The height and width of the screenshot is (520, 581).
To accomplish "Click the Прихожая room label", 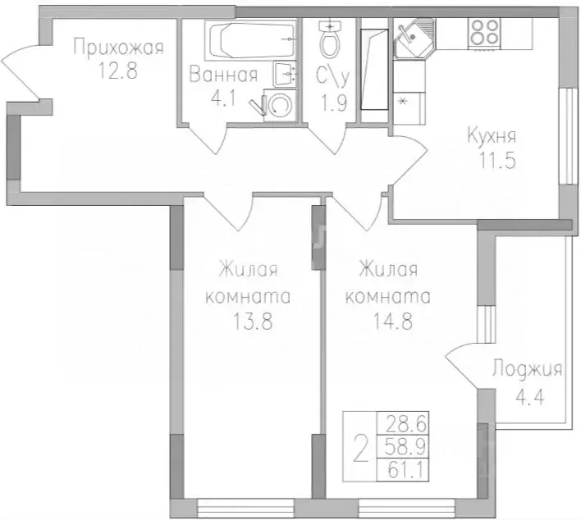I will (118, 47).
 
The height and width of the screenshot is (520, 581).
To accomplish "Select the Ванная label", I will (223, 75).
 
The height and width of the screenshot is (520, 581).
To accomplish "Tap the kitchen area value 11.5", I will (498, 161).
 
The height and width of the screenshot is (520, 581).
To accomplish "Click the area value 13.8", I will (251, 322).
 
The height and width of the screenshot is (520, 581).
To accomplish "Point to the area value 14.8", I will (390, 322).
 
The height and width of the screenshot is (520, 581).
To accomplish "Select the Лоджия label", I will (526, 369).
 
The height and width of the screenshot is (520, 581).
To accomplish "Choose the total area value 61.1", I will (403, 470).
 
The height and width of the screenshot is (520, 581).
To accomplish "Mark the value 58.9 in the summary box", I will (403, 447).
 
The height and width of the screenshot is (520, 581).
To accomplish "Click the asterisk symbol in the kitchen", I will (402, 102).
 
